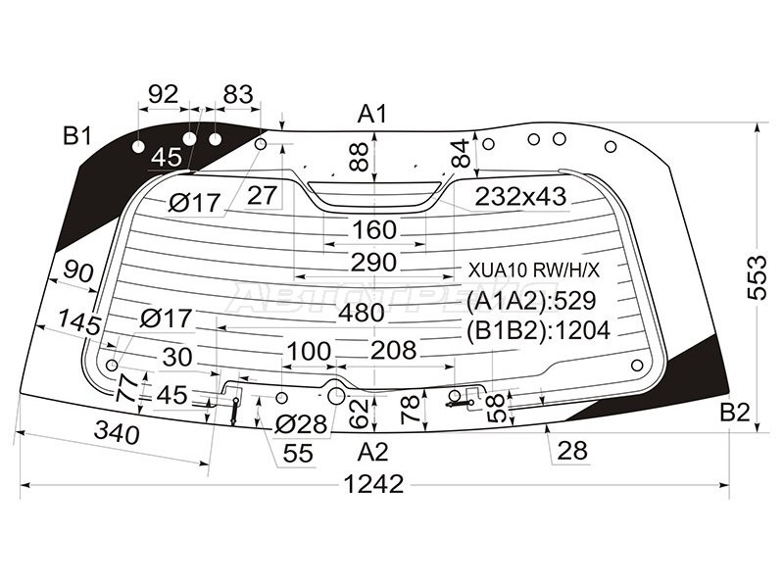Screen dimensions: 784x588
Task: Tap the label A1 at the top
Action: click(x=371, y=114)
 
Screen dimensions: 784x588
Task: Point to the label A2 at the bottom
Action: click(x=372, y=452)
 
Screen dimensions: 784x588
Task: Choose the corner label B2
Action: click(x=734, y=412)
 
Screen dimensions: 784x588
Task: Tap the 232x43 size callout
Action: click(x=520, y=197)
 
